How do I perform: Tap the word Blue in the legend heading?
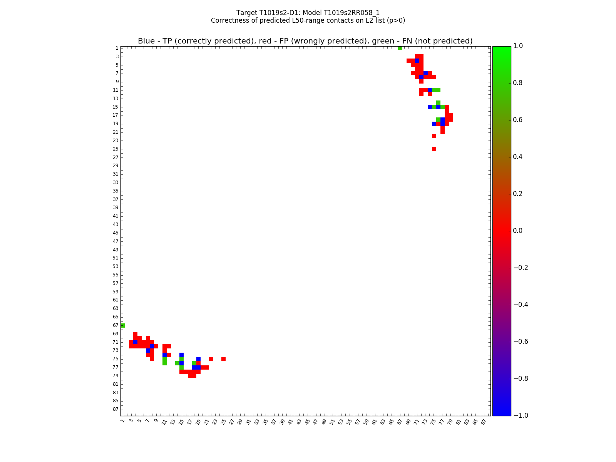(146, 41)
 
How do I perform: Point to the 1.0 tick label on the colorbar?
(518, 46)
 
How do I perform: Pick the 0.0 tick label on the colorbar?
(518, 231)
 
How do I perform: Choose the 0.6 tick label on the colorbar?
(518, 120)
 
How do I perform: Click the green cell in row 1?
(400, 48)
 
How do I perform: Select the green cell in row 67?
(122, 325)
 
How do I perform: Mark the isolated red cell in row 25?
(434, 149)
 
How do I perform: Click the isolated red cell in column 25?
(223, 359)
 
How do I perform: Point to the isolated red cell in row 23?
(434, 136)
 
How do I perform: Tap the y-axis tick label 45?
(115, 233)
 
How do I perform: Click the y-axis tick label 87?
(115, 409)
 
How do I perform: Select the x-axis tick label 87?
(483, 422)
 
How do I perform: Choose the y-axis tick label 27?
(115, 157)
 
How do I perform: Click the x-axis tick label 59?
(366, 422)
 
